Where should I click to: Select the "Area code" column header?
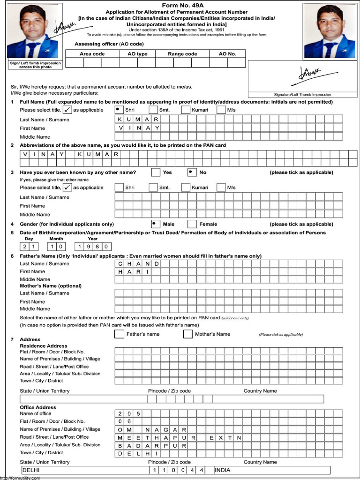[x=92, y=54]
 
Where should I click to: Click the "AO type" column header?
[x=137, y=54]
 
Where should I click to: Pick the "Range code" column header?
[x=182, y=54]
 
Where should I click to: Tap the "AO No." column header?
[x=227, y=54]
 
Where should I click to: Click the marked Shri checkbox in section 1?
[x=119, y=110]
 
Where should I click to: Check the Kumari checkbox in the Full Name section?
[x=186, y=110]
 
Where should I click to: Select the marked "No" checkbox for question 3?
[x=192, y=172]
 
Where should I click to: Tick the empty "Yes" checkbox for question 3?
[x=156, y=172]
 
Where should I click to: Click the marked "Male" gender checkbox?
[x=156, y=224]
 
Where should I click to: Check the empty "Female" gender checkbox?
[x=192, y=224]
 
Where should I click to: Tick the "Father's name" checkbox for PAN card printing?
[x=119, y=334]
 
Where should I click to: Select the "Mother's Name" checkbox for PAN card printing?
[x=187, y=334]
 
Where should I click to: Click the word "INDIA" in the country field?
[x=223, y=470]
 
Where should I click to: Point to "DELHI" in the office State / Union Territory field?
[x=31, y=470]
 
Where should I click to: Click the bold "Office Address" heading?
[x=38, y=407]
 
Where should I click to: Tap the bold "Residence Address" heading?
[x=44, y=346]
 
